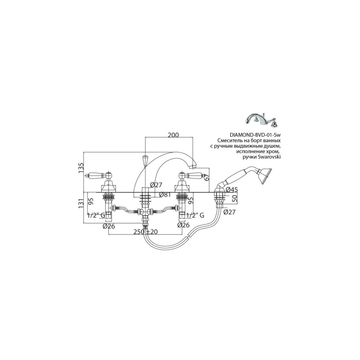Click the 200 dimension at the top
pyautogui.click(x=173, y=135)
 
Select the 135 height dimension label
pyautogui.click(x=81, y=168)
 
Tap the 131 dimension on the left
pyautogui.click(x=81, y=204)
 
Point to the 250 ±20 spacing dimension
pyautogui.click(x=145, y=232)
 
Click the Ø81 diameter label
pyautogui.click(x=165, y=195)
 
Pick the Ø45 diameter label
pyautogui.click(x=232, y=190)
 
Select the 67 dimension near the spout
pyautogui.click(x=206, y=177)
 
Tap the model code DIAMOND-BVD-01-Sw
pyautogui.click(x=255, y=135)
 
